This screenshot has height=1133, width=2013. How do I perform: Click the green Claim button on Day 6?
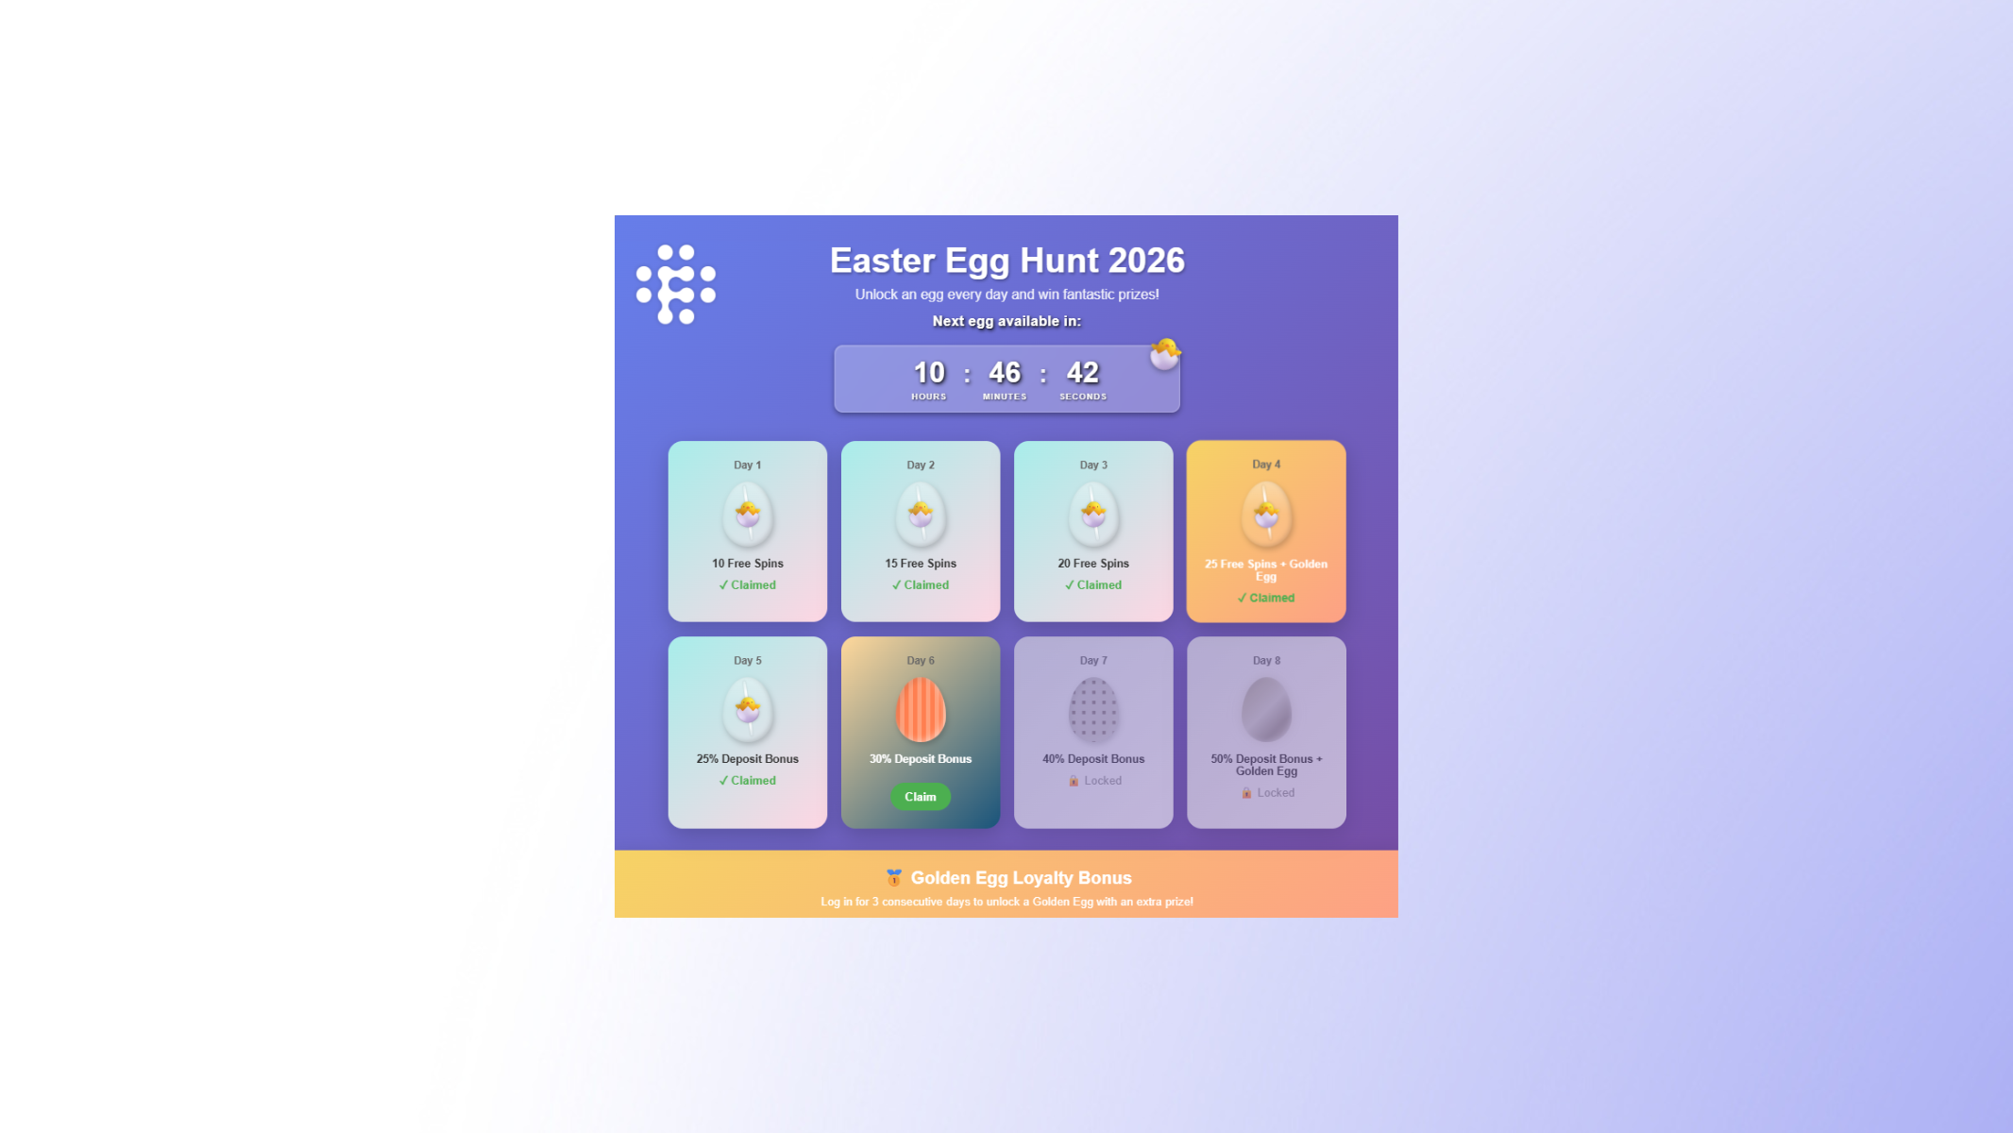pos(921,797)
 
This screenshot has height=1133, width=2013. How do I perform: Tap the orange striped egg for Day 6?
pos(921,710)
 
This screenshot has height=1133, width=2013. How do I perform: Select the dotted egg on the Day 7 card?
pos(1093,710)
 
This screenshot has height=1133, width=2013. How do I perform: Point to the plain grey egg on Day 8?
pos(1266,710)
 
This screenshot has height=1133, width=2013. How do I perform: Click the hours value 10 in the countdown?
pos(929,373)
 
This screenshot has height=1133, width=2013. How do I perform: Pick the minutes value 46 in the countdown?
pos(1005,373)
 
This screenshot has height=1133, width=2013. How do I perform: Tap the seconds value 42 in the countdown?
pos(1083,373)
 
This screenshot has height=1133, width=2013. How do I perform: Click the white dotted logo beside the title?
pos(676,284)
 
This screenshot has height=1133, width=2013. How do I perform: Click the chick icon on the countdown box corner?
pos(1165,354)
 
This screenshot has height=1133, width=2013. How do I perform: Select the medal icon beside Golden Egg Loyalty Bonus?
pos(894,878)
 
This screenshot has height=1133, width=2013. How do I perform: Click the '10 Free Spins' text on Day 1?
pos(748,564)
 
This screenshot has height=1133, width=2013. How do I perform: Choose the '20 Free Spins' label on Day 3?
pos(1093,564)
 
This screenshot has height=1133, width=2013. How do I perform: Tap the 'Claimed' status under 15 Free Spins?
pos(921,585)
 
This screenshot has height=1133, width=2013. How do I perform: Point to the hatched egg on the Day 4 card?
pos(1266,515)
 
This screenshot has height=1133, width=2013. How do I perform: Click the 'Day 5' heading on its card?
pos(748,661)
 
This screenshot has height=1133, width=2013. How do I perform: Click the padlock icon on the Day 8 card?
pos(1246,793)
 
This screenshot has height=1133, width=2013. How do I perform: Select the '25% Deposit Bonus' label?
pos(748,759)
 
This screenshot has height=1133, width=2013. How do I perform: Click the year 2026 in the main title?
pos(1146,261)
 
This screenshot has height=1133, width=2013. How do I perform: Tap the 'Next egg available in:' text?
pos(1006,321)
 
